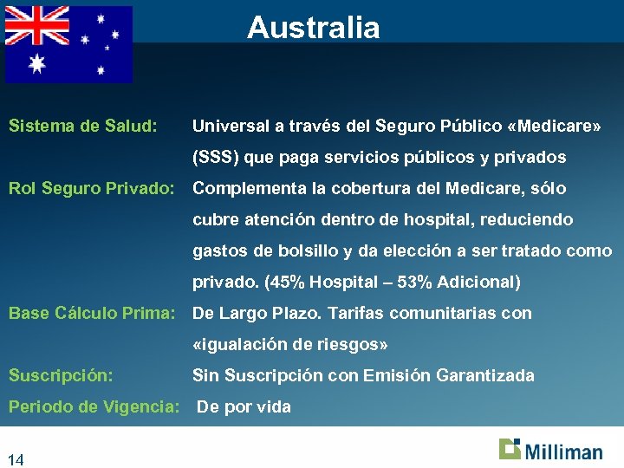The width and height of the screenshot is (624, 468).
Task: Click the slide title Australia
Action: tap(313, 28)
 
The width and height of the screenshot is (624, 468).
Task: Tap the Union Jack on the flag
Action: tap(36, 26)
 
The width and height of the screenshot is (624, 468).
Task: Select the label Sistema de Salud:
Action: tap(82, 127)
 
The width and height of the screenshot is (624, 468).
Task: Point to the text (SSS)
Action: tap(216, 158)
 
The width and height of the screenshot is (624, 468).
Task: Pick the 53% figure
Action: tap(418, 283)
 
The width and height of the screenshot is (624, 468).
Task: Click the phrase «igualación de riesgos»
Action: tap(290, 345)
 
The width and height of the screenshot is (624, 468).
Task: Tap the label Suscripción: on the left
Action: tap(61, 376)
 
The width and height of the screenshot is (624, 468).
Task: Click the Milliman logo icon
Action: tap(510, 448)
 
